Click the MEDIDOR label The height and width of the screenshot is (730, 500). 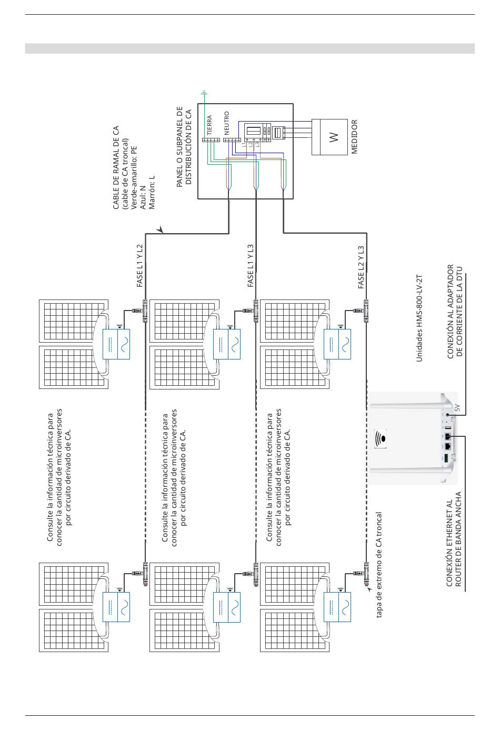(354, 136)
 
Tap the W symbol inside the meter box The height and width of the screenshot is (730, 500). (334, 137)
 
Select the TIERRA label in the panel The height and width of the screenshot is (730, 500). (209, 125)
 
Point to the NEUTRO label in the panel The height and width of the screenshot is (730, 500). (226, 123)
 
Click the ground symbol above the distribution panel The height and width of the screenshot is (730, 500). (204, 94)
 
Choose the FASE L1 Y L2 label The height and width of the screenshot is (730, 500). (139, 266)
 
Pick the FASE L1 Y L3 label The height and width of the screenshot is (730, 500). (251, 266)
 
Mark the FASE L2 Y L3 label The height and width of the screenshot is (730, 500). (361, 267)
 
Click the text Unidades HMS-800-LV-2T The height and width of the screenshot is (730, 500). (419, 318)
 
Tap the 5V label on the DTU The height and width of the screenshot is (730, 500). (457, 407)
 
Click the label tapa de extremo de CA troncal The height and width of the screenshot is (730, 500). (378, 564)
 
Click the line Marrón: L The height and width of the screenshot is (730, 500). (152, 193)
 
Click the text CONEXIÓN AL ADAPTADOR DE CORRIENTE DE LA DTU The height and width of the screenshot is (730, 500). (455, 312)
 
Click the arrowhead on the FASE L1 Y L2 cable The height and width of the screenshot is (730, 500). (159, 230)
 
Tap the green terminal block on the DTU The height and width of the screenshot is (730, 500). (445, 458)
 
